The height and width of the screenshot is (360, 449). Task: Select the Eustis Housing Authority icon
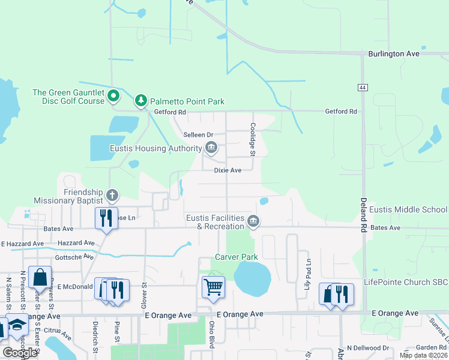tap(211, 148)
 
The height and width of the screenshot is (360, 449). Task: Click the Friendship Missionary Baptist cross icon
tap(112, 195)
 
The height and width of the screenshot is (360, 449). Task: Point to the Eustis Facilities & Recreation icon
tap(253, 222)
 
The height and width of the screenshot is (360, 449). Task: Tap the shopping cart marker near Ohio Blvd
tap(213, 288)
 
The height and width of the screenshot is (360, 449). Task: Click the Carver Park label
tap(237, 257)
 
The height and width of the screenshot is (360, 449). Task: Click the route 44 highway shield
tap(363, 88)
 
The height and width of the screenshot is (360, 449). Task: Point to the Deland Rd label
tap(363, 217)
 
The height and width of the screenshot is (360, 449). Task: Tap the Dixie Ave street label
tap(228, 170)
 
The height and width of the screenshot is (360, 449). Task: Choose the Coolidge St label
tap(253, 140)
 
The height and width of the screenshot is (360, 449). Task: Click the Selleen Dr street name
tap(199, 134)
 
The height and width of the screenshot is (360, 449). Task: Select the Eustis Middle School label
tap(408, 209)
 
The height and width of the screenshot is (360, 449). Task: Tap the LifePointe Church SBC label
tap(406, 282)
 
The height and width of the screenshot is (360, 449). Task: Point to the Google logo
tap(20, 353)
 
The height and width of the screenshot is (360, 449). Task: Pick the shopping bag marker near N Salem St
tap(40, 278)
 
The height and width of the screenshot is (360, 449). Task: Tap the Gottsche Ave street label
tap(73, 256)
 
